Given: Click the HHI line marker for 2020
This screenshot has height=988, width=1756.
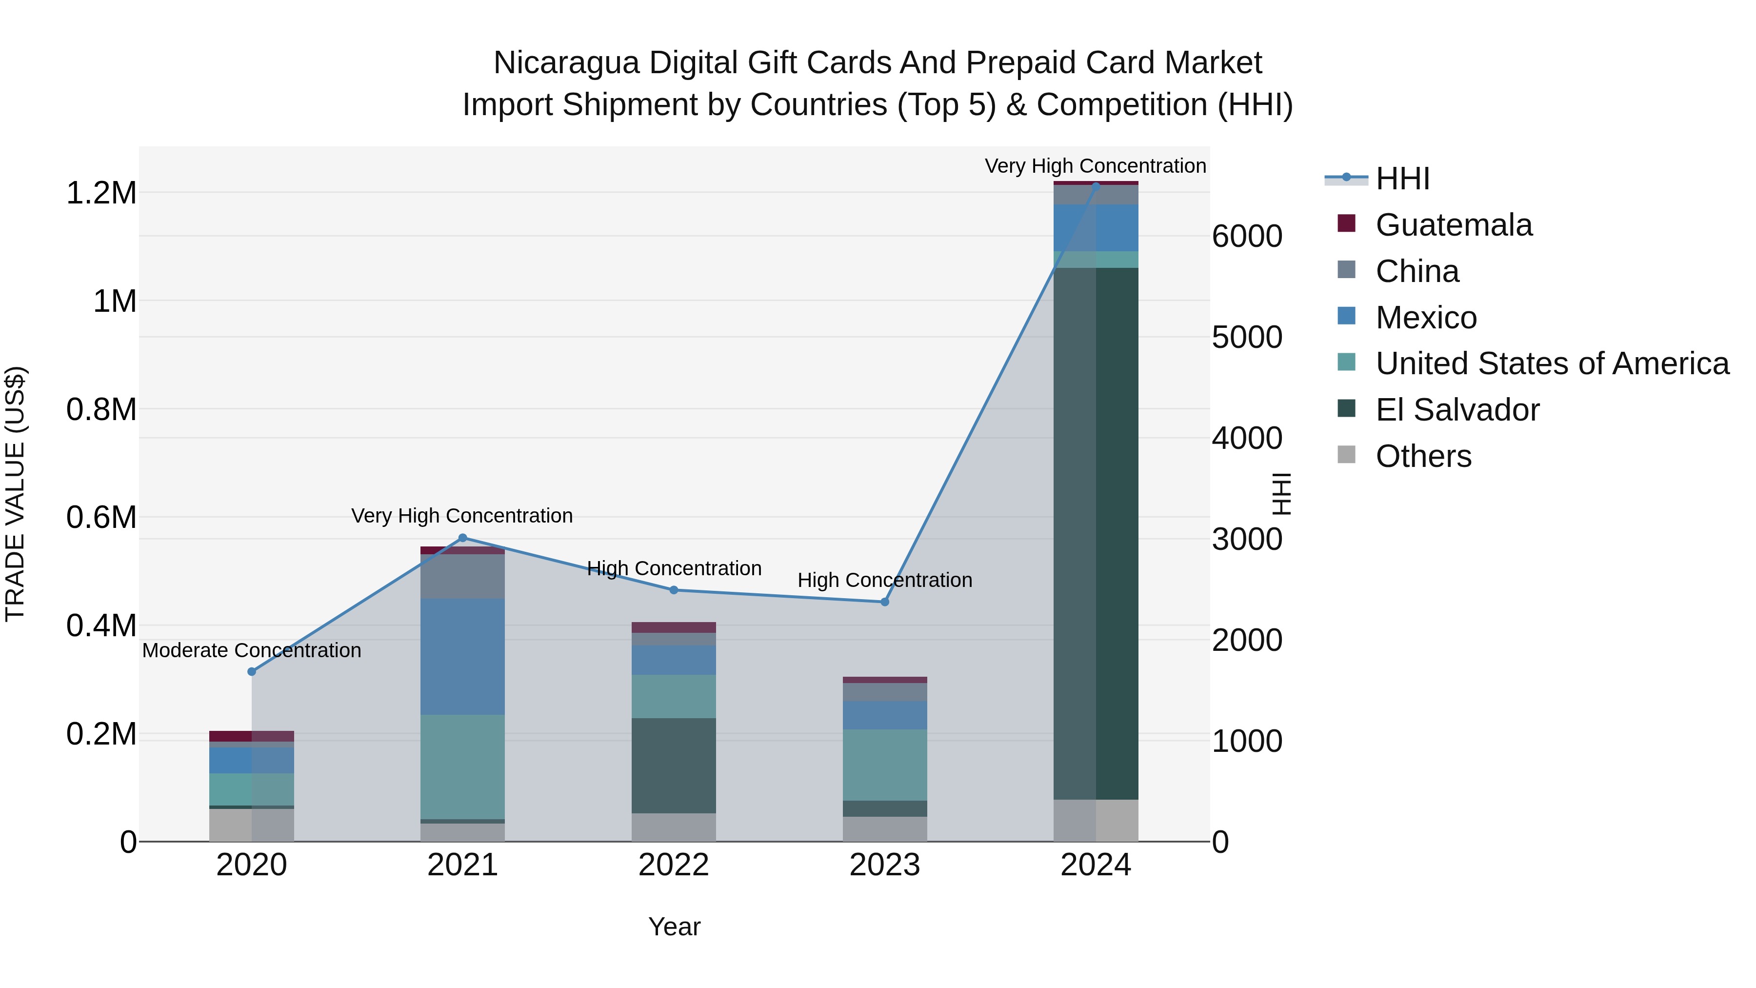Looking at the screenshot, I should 252,672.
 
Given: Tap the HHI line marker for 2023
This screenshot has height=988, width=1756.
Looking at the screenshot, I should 885,602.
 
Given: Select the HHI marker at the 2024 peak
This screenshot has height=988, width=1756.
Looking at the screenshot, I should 1096,185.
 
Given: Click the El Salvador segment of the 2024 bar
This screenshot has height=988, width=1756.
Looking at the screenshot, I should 1096,532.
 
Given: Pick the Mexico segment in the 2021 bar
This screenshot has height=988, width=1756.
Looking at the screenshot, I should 462,656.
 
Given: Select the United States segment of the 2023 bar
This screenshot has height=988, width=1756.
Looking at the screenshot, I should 885,765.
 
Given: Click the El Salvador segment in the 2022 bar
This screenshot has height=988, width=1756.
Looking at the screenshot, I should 674,765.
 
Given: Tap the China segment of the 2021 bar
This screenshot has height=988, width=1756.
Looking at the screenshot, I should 462,576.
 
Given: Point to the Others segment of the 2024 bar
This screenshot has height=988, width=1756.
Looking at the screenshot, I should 1096,820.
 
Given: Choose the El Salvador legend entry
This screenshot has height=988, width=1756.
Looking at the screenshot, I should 1457,410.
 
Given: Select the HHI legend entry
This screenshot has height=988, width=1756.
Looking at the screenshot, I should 1402,179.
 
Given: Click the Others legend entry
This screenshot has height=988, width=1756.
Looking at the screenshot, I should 1423,456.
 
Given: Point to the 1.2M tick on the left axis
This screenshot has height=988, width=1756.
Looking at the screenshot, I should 101,193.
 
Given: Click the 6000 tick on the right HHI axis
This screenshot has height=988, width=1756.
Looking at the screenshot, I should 1247,237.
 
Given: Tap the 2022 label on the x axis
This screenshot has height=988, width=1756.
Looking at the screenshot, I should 674,865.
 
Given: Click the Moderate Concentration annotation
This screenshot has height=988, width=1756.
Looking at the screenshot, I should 252,650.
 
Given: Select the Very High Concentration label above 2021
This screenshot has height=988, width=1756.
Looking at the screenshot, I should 462,516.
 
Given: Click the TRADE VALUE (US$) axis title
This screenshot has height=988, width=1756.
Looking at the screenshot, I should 15,494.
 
